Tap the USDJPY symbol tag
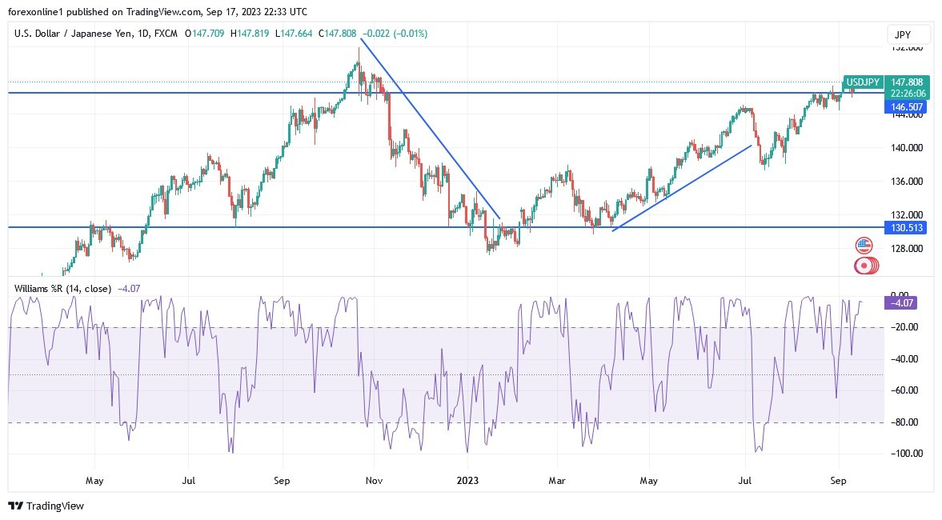tap(864, 82)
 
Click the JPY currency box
tap(908, 34)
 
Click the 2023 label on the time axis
tap(467, 481)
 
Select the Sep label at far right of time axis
tap(839, 481)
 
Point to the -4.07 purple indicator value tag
tap(900, 302)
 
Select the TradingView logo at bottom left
tap(46, 506)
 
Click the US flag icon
tap(864, 246)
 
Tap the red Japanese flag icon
tap(864, 266)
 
